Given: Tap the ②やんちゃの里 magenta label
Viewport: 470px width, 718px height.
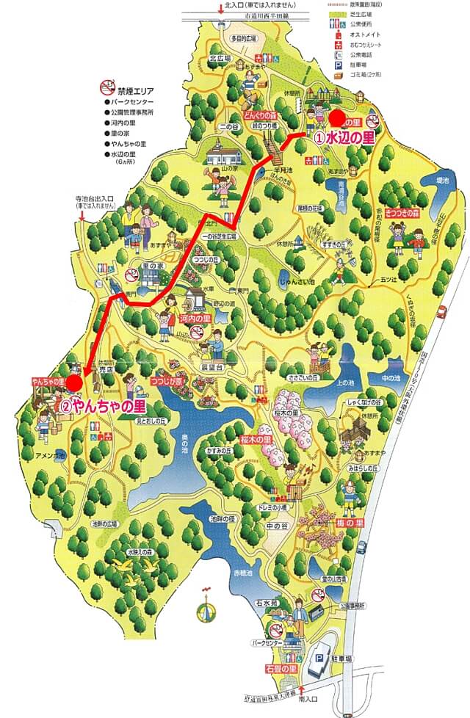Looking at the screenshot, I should click(103, 405).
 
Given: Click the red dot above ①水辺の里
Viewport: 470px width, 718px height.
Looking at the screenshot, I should click(336, 117).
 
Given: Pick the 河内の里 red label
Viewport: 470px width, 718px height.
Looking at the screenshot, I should click(195, 319).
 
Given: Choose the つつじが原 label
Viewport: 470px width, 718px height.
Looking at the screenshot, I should click(167, 381).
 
